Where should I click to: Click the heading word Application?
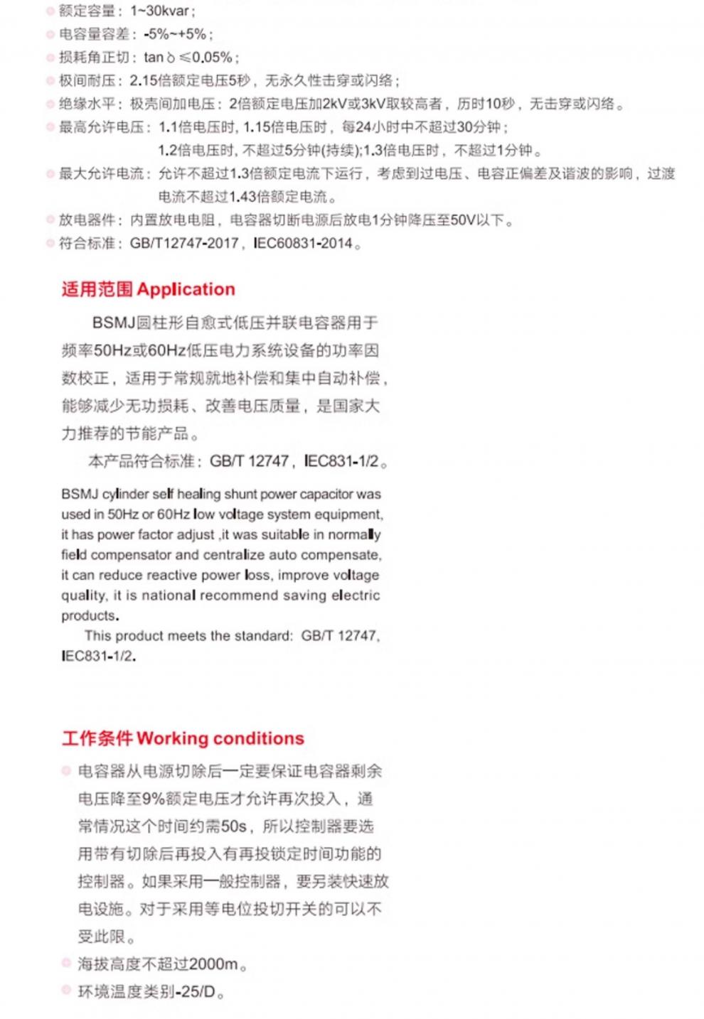pyautogui.click(x=186, y=289)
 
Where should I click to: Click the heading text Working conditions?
pyautogui.click(x=220, y=738)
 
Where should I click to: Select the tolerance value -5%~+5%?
pyautogui.click(x=175, y=34)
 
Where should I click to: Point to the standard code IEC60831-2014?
pyautogui.click(x=303, y=244)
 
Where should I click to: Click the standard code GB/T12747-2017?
pyautogui.click(x=184, y=244)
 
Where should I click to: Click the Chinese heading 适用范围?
pyautogui.click(x=97, y=289)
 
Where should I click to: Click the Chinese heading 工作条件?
pyautogui.click(x=97, y=738)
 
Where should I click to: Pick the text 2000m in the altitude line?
pyautogui.click(x=213, y=964)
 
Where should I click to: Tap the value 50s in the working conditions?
pyautogui.click(x=234, y=826)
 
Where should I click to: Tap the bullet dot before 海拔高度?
pyautogui.click(x=66, y=964)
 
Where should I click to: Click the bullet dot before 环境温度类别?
pyautogui.click(x=66, y=991)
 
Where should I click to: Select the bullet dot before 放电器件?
pyautogui.click(x=50, y=220)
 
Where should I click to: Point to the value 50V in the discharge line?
pyautogui.click(x=463, y=220)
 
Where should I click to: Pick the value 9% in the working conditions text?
pyautogui.click(x=154, y=799)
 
